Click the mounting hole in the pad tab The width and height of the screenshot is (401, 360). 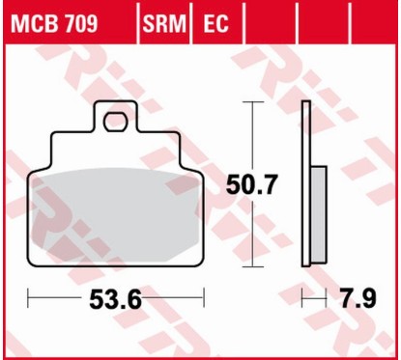[117, 122]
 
